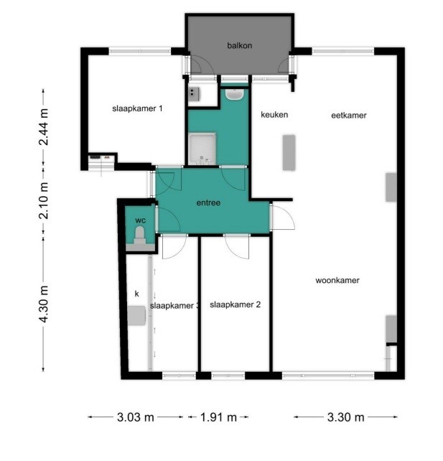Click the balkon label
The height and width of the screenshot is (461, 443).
click(x=239, y=45)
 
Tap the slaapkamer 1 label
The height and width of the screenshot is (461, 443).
click(x=137, y=108)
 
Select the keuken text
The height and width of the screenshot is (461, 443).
click(x=274, y=114)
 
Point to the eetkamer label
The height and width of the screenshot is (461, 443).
click(x=349, y=115)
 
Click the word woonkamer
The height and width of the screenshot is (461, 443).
click(x=337, y=280)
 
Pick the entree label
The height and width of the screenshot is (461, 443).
click(x=208, y=202)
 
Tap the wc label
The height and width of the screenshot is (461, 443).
click(x=140, y=220)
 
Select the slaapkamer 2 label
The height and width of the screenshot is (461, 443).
click(x=236, y=304)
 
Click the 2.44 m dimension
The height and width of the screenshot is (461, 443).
click(x=44, y=127)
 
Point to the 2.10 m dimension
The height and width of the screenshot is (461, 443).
click(x=44, y=200)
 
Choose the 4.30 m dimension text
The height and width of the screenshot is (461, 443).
click(x=44, y=304)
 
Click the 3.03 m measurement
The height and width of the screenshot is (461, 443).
click(x=136, y=417)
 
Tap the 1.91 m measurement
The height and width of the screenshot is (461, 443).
click(x=218, y=417)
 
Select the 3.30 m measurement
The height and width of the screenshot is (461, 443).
click(x=345, y=417)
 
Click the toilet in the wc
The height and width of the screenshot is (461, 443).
click(x=140, y=236)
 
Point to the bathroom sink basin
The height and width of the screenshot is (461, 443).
click(x=234, y=94)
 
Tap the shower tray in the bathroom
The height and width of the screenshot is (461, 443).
click(x=202, y=149)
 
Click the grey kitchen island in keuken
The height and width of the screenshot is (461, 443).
click(x=289, y=152)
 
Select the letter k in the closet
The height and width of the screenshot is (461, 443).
click(x=136, y=294)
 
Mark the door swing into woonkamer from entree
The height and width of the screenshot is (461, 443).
click(x=283, y=217)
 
